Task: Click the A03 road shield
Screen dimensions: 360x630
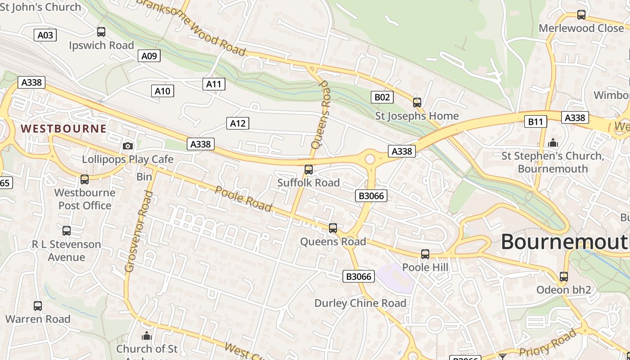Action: coord(45,35)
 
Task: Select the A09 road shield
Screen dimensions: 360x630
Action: coord(149,56)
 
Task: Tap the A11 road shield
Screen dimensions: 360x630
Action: coord(214,84)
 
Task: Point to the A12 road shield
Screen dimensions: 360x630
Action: coord(238,123)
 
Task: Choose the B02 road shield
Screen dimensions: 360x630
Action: coord(382,97)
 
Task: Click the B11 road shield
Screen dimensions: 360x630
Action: coord(535,121)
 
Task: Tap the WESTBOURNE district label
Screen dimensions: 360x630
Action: coord(63,129)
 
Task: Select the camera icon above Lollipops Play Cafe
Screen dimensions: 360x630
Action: coord(128,146)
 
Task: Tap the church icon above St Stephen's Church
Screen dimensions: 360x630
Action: coord(553,143)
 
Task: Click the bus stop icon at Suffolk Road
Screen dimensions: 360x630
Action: coord(309,170)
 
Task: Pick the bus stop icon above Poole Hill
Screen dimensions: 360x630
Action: coord(425,254)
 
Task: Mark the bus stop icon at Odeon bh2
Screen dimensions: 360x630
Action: coord(564,277)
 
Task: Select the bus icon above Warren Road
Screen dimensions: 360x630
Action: coord(38,306)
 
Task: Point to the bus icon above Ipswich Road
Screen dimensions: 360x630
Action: coord(101,32)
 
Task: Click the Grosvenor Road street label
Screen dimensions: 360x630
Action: coord(137,232)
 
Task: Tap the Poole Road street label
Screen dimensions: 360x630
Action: coord(243,198)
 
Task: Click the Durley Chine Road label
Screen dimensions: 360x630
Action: coord(360,303)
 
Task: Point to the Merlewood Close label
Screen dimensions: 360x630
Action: coord(581,28)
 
